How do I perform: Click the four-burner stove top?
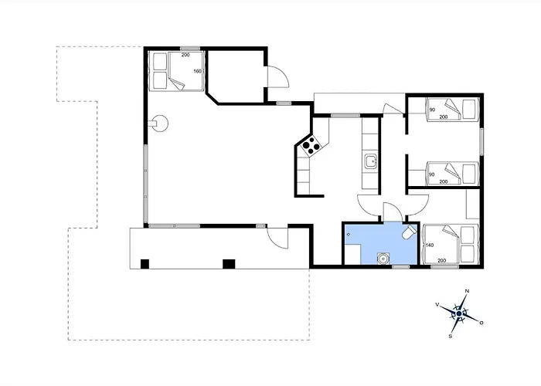[x=311, y=145]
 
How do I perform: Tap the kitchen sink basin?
[x=371, y=161]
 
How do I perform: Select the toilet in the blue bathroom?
[x=409, y=232]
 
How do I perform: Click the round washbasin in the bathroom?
[x=383, y=258]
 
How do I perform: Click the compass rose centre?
[x=459, y=313]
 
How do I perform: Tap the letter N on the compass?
[x=468, y=291]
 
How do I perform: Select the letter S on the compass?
[x=451, y=336]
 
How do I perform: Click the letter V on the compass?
[x=437, y=304]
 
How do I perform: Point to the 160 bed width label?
[x=197, y=71]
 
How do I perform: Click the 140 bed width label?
[x=430, y=245]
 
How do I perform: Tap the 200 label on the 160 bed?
[x=185, y=55]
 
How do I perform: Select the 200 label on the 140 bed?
[x=441, y=261]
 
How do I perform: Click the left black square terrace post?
[x=145, y=264]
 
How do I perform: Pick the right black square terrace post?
[x=229, y=264]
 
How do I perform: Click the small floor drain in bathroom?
[x=349, y=235]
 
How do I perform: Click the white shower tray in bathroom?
[x=352, y=254]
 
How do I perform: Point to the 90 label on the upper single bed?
[x=432, y=110]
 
